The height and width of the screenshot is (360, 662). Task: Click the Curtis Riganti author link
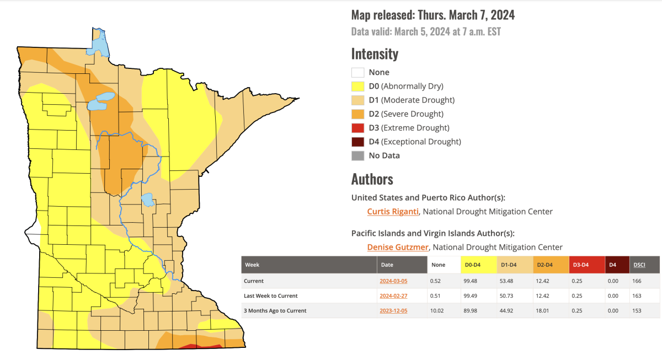pyautogui.click(x=393, y=211)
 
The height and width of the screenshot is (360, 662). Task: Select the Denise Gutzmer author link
pyautogui.click(x=397, y=247)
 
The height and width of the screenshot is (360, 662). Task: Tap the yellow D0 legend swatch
pyautogui.click(x=357, y=86)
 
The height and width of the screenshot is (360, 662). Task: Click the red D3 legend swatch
pyautogui.click(x=357, y=128)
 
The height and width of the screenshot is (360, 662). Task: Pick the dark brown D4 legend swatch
pyautogui.click(x=357, y=142)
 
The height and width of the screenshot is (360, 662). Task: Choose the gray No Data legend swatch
pyautogui.click(x=357, y=155)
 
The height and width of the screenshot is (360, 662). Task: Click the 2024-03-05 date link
pyautogui.click(x=393, y=281)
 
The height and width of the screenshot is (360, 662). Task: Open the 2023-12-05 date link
pyautogui.click(x=393, y=311)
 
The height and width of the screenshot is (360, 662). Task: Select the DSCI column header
pyautogui.click(x=639, y=265)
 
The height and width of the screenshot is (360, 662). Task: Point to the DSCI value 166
pyautogui.click(x=638, y=281)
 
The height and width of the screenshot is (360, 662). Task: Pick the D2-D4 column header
pyautogui.click(x=546, y=265)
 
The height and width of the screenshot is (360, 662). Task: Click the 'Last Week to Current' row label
pyautogui.click(x=271, y=296)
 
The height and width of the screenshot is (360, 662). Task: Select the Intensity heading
pyautogui.click(x=375, y=54)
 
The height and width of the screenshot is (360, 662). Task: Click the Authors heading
pyautogui.click(x=372, y=179)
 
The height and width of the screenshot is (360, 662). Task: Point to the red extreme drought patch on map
pyautogui.click(x=190, y=347)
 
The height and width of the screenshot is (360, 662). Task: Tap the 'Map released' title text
pyautogui.click(x=433, y=15)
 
